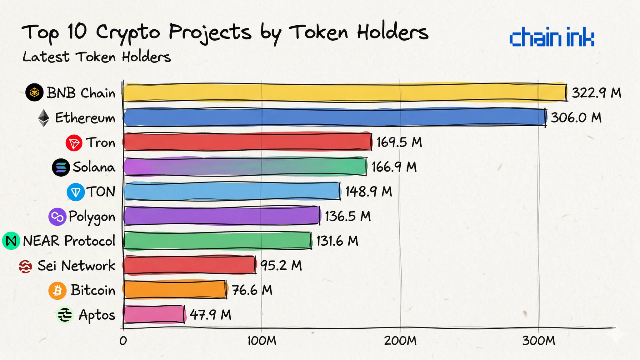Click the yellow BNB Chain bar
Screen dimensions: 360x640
(x=344, y=92)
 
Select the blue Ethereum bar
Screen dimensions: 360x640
(x=334, y=117)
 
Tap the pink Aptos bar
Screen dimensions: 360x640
(x=154, y=314)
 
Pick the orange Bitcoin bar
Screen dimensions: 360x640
(x=175, y=290)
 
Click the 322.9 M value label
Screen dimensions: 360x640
(x=596, y=93)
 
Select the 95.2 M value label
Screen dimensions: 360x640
(x=281, y=265)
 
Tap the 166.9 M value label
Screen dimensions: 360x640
(x=394, y=167)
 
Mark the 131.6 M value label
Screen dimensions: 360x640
(x=337, y=241)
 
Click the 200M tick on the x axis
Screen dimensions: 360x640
(x=400, y=340)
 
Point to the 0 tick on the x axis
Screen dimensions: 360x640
(x=123, y=341)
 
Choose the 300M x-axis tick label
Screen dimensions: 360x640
(x=538, y=340)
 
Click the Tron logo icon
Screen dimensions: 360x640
(x=74, y=143)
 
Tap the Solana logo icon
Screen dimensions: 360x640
(x=61, y=167)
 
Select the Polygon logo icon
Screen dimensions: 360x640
(x=57, y=217)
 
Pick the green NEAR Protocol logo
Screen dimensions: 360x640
(x=11, y=241)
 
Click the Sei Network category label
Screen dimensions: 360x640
(x=76, y=266)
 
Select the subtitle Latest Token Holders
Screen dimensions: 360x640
(x=97, y=57)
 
